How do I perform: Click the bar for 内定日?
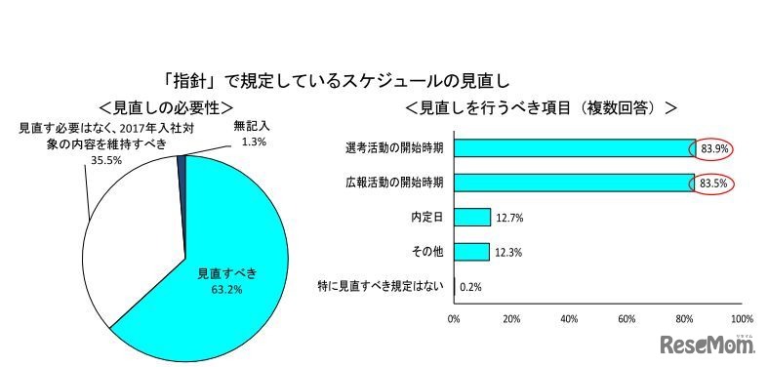tap(471, 217)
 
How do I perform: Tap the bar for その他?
tap(471, 252)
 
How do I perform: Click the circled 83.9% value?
tap(713, 148)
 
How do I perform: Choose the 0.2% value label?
tap(471, 286)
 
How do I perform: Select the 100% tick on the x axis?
tap(742, 318)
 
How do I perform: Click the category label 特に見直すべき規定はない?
tap(382, 286)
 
